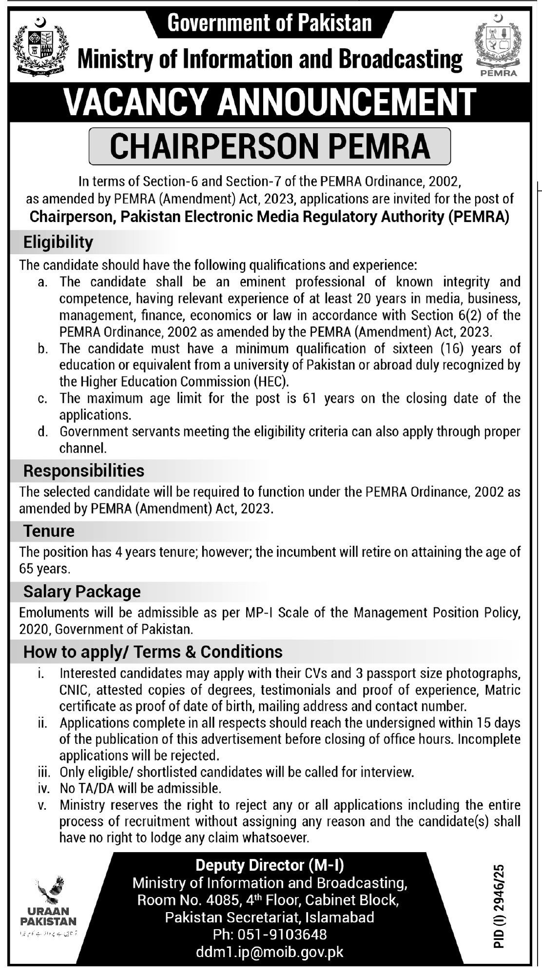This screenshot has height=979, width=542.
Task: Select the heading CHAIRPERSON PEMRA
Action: (270, 146)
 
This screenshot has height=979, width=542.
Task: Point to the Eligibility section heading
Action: (58, 242)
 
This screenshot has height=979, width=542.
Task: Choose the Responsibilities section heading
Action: (84, 471)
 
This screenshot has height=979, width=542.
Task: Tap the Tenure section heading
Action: (49, 530)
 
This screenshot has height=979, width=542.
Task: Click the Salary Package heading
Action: (82, 591)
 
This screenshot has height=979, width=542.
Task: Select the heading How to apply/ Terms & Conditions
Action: (153, 652)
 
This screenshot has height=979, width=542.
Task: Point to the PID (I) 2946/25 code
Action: (498, 905)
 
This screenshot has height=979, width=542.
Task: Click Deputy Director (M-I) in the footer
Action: (270, 865)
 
